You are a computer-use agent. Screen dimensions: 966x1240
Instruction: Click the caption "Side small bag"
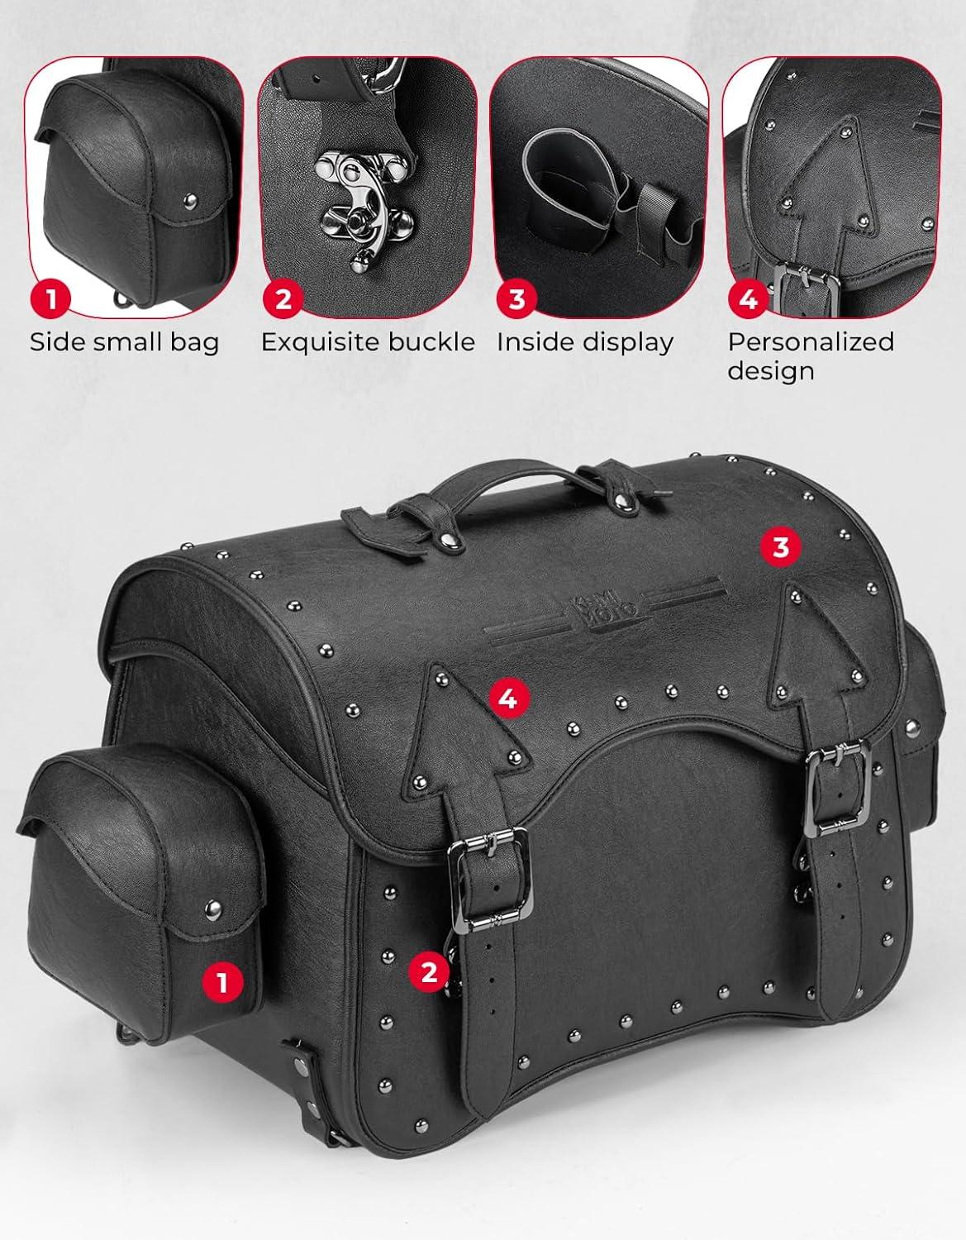124,342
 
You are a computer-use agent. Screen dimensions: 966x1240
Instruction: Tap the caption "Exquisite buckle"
368,342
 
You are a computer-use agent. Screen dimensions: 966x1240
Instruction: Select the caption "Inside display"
585,342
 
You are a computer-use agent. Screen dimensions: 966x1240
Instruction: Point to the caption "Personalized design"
811,356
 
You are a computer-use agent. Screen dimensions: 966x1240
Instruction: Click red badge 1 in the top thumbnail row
50,298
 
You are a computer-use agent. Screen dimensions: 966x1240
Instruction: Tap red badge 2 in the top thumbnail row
283,298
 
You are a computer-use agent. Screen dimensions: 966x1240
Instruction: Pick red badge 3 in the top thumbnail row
516,298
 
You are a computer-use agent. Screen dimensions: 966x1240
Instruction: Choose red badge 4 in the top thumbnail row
748,298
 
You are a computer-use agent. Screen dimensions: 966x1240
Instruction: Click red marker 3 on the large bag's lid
781,547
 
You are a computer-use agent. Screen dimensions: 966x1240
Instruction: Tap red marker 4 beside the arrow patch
509,698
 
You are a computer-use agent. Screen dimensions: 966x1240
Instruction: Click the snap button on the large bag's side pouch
213,906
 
